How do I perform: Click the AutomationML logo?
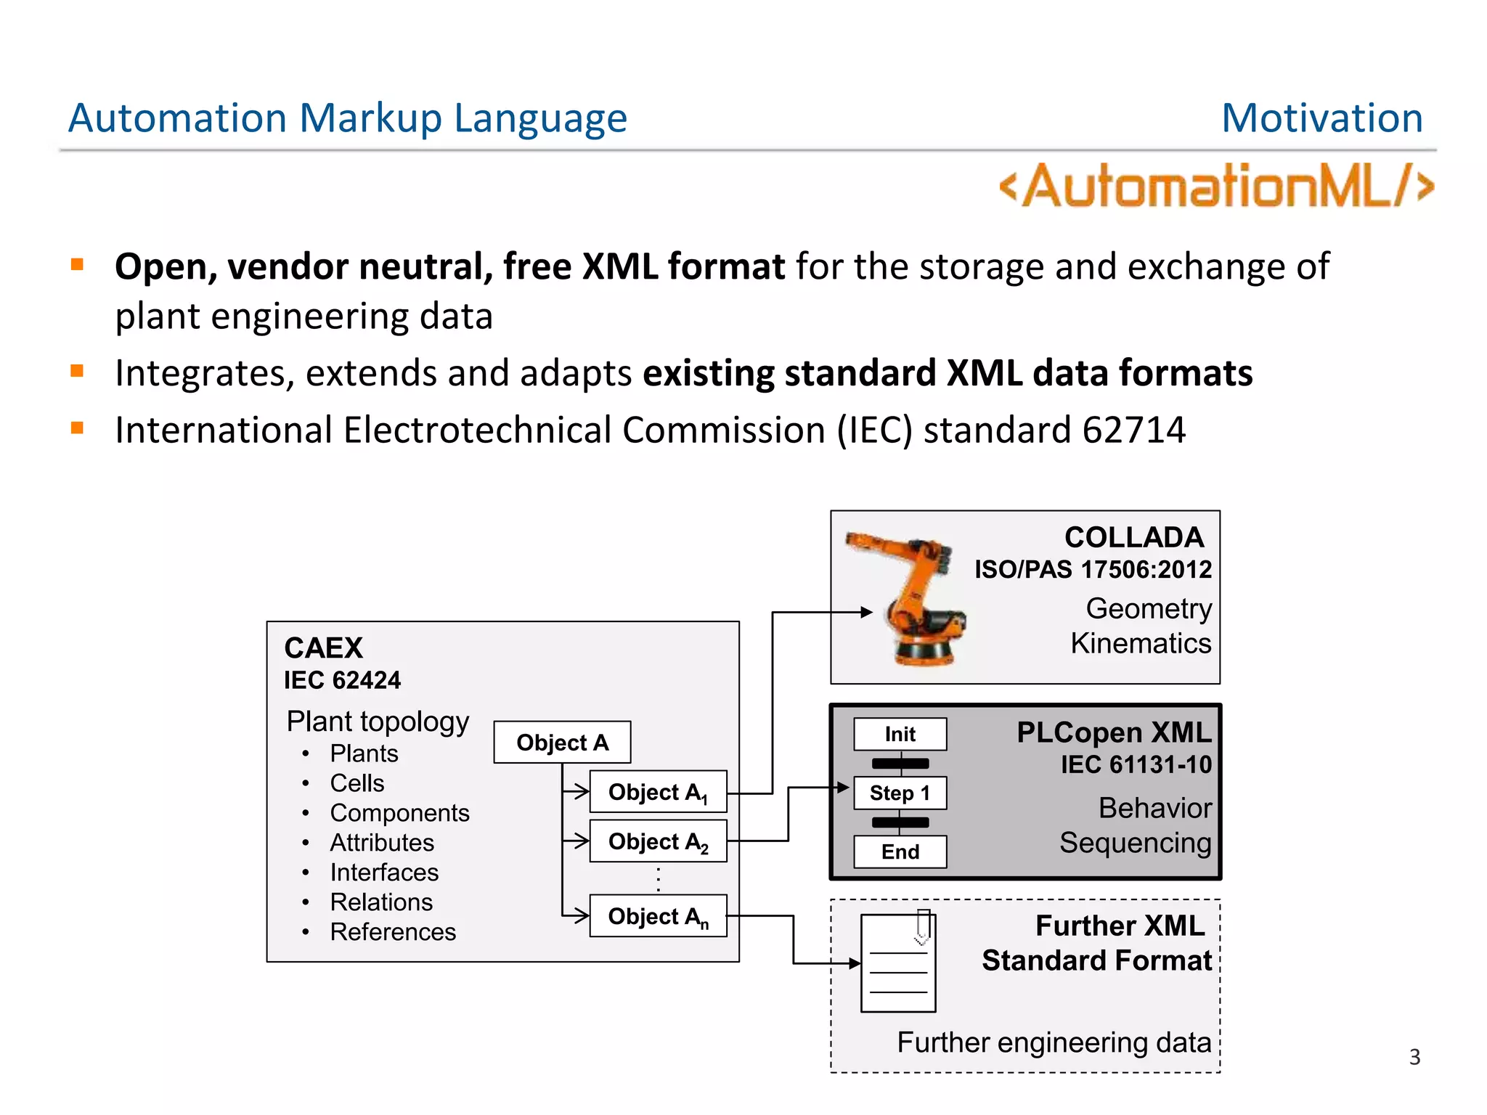click(x=1216, y=186)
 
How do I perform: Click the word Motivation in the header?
click(x=1321, y=118)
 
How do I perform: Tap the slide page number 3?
click(x=1414, y=1057)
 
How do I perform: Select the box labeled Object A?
click(x=562, y=742)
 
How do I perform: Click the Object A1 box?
click(x=658, y=792)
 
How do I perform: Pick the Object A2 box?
click(x=658, y=841)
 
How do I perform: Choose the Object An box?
click(x=658, y=916)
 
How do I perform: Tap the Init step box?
click(x=900, y=734)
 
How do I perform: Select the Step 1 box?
click(x=900, y=793)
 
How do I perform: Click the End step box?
click(x=900, y=851)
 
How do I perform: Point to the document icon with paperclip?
click(x=898, y=962)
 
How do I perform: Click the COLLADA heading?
click(x=1133, y=537)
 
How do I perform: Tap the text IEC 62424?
click(x=342, y=680)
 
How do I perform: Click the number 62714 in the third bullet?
click(x=1133, y=430)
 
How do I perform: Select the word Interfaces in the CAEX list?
click(x=384, y=872)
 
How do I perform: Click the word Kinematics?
click(x=1140, y=643)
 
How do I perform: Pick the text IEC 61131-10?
click(x=1136, y=764)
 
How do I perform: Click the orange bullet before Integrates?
click(x=78, y=372)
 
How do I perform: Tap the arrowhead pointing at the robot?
click(x=866, y=612)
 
